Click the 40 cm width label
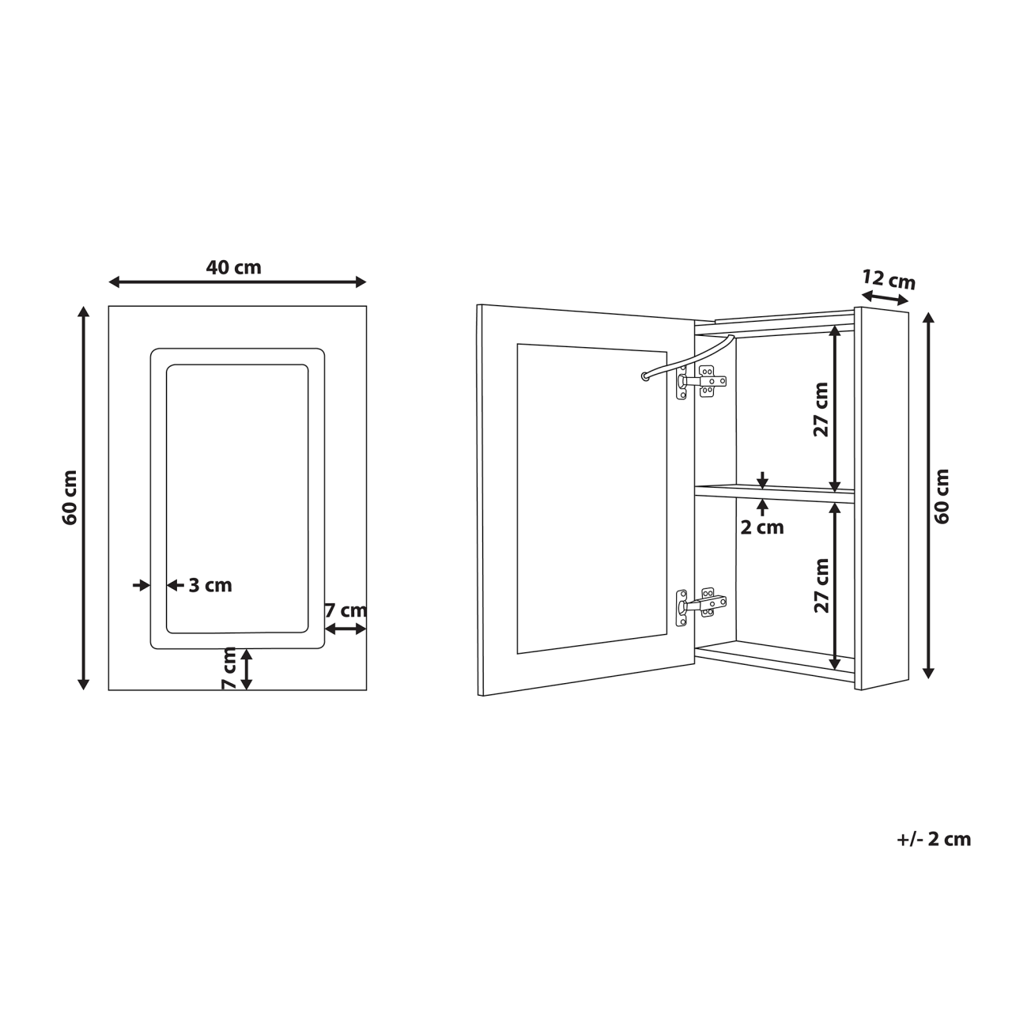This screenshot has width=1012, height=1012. pos(233,267)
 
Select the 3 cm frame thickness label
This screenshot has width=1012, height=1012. pos(210,586)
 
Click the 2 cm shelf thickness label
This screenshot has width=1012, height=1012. pos(762,527)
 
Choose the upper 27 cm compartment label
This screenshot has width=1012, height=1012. pos(821,409)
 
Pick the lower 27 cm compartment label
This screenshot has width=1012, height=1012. pos(821,585)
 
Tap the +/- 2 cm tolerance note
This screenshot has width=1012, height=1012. pos(934,840)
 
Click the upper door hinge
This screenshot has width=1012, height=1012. pos(700,382)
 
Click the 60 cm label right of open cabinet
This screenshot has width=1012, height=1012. pos(942,496)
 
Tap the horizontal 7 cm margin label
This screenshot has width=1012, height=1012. pos(346,610)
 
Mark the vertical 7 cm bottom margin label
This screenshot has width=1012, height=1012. pos(229,669)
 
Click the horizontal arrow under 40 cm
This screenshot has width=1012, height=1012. pos(237,282)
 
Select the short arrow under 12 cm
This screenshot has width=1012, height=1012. pos(885,297)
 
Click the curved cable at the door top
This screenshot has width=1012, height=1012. pos(686,358)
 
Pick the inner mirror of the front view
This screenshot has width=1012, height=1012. pos(237,498)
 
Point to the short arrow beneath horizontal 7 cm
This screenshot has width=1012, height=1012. pos(346,629)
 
